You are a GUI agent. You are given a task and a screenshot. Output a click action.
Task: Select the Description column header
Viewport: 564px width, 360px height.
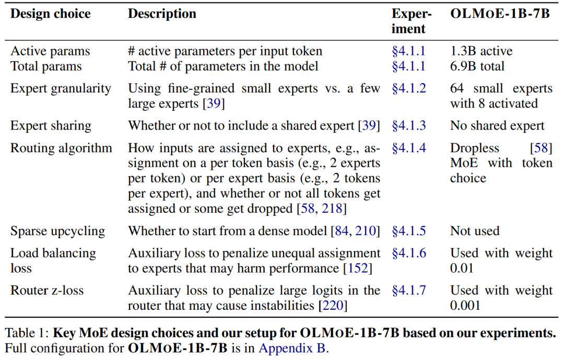click(162, 14)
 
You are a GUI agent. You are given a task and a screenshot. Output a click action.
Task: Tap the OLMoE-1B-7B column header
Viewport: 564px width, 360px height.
click(500, 14)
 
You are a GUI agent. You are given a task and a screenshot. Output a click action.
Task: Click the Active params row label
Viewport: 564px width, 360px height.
click(50, 51)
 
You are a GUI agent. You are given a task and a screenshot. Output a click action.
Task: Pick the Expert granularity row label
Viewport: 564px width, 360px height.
click(61, 88)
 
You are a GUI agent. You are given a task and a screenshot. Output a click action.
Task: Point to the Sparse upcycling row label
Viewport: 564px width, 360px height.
click(57, 231)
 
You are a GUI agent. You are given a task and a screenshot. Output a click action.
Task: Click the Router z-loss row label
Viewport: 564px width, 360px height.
click(47, 290)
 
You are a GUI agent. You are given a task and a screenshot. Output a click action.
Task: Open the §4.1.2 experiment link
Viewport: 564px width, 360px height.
click(409, 88)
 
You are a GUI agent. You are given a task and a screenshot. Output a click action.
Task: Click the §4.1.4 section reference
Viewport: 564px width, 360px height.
click(409, 148)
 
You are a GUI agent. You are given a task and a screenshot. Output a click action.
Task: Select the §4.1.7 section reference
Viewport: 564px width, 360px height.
click(409, 290)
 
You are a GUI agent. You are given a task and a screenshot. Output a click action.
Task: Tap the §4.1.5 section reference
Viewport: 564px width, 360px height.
click(409, 231)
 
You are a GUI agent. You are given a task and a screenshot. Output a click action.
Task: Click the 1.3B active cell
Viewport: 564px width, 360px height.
click(481, 51)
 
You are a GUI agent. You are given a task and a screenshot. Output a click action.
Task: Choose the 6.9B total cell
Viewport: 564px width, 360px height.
click(477, 66)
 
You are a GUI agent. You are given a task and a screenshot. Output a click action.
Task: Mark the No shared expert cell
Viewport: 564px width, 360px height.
click(497, 126)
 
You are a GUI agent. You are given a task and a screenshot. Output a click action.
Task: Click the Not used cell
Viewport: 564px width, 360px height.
click(475, 231)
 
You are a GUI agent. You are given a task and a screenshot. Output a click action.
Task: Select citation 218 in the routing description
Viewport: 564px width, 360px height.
click(334, 209)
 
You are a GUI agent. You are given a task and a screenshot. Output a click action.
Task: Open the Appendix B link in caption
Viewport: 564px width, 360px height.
click(292, 348)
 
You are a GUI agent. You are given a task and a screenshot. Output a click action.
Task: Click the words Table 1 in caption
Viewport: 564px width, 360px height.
click(26, 333)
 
